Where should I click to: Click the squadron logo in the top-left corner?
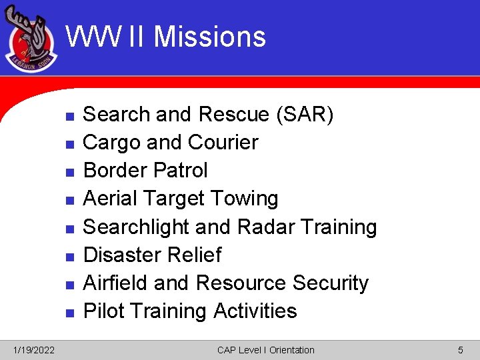pyautogui.click(x=31, y=41)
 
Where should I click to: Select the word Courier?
pyautogui.click(x=223, y=143)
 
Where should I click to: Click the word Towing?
pyautogui.click(x=244, y=199)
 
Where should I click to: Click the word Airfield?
pyautogui.click(x=115, y=283)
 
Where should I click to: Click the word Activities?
pyautogui.click(x=255, y=311)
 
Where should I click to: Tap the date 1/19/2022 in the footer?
pyautogui.click(x=35, y=350)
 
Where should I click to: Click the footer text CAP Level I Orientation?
pyautogui.click(x=265, y=350)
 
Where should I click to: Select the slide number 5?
pyautogui.click(x=460, y=350)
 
